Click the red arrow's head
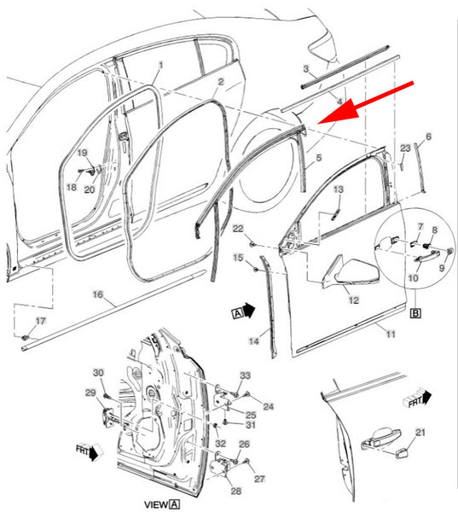point(338,111)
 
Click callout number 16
point(97,294)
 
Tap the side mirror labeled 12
point(351,271)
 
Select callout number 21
point(420,433)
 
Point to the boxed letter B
point(415,313)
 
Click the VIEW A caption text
point(162,504)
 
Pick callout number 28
point(235,491)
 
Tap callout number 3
point(306,68)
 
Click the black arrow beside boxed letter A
point(249,311)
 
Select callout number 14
point(253,341)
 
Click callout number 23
point(405,148)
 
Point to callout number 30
point(98,373)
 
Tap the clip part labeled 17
point(26,336)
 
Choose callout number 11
point(391,334)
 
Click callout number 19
point(82,153)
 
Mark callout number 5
point(319,158)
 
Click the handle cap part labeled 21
point(400,454)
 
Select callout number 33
point(245,375)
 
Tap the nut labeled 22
point(252,243)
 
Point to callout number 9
point(442,268)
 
